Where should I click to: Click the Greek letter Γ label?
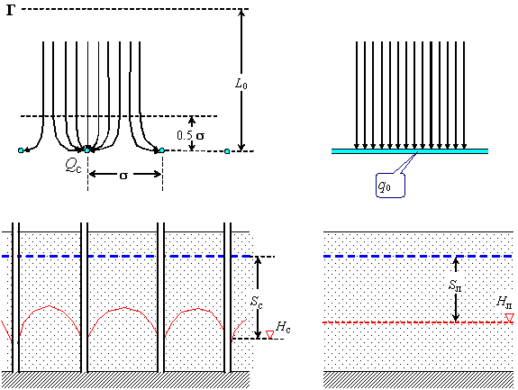[11, 10]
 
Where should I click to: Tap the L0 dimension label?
[241, 84]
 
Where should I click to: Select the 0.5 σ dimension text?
[190, 135]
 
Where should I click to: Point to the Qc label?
[73, 166]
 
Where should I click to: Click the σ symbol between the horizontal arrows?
[123, 176]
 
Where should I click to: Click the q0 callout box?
[390, 186]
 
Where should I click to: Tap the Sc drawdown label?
[257, 302]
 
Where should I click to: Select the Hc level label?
[283, 327]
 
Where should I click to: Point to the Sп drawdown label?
[455, 285]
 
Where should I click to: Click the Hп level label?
[504, 302]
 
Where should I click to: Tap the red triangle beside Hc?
[270, 335]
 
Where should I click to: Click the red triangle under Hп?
[510, 318]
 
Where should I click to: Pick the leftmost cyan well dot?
[21, 150]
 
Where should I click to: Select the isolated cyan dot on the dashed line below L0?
[227, 151]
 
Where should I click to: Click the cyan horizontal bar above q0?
[410, 151]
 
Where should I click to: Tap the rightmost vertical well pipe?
[227, 297]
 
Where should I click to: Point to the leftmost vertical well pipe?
[15, 297]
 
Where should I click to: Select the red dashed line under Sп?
[418, 322]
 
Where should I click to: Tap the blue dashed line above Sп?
[418, 257]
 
